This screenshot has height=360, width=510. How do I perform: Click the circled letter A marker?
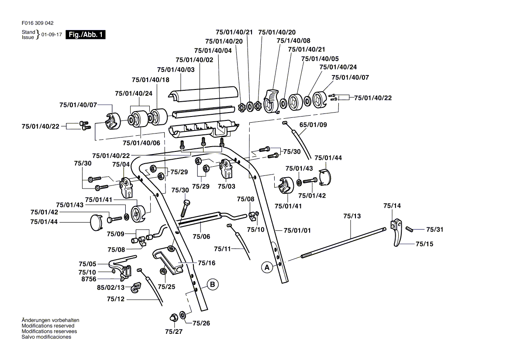pyautogui.click(x=266, y=267)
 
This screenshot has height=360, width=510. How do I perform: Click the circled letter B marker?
pyautogui.click(x=212, y=285)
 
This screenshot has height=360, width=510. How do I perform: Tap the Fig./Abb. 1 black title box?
pyautogui.click(x=85, y=35)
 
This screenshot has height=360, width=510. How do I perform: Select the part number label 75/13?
pyautogui.click(x=352, y=216)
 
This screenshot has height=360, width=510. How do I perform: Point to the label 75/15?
pyautogui.click(x=424, y=244)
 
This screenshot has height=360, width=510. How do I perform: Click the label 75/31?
pyautogui.click(x=434, y=230)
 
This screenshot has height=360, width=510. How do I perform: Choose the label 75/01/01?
pyautogui.click(x=297, y=230)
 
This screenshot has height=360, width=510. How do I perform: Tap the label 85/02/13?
pyautogui.click(x=110, y=288)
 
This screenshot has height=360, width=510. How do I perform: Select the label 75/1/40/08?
pyautogui.click(x=293, y=41)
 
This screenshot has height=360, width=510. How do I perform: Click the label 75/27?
pyautogui.click(x=174, y=332)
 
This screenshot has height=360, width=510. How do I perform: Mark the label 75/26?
pyautogui.click(x=201, y=323)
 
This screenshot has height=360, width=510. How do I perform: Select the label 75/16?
pyautogui.click(x=206, y=263)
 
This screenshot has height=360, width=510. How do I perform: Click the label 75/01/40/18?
pyautogui.click(x=150, y=79)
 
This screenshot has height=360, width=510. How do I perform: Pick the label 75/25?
pyautogui.click(x=166, y=287)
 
